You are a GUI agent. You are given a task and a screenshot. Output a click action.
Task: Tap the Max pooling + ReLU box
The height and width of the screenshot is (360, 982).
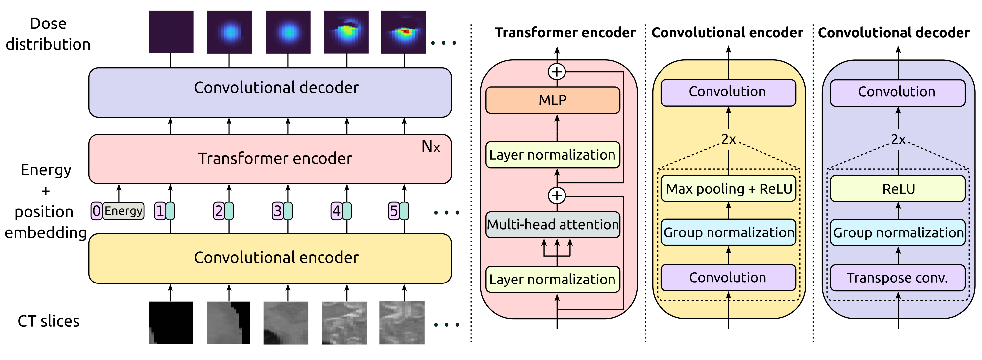tap(728, 189)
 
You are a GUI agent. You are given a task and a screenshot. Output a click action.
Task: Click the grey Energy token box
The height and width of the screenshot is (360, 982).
tap(123, 211)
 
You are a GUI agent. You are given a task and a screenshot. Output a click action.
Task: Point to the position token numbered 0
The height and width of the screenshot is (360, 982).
tap(96, 211)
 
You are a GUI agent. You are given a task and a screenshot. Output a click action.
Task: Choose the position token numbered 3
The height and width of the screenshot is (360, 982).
tap(277, 211)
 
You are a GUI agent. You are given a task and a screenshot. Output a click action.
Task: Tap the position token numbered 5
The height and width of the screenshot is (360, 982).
tap(393, 211)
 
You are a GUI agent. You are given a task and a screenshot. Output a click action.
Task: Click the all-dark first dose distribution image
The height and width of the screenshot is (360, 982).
tap(171, 32)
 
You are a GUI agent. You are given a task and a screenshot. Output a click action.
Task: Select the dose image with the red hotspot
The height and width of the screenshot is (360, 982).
tap(403, 32)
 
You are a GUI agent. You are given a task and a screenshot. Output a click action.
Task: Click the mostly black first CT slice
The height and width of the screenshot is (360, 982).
tap(171, 323)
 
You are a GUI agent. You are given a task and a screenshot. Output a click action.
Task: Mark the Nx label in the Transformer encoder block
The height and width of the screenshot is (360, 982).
tap(430, 146)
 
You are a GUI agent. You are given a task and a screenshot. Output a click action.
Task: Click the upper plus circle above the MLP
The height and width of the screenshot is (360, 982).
tap(557, 72)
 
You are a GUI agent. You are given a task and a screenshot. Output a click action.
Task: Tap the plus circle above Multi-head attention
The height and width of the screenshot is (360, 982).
tap(557, 196)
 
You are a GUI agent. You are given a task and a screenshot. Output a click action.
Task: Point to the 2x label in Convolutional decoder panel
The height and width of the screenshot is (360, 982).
tap(898, 139)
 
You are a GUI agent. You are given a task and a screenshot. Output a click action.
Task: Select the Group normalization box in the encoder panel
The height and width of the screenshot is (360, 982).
tap(728, 232)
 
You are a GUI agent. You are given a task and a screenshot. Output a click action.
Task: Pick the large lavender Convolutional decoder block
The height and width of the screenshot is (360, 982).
tap(270, 92)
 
